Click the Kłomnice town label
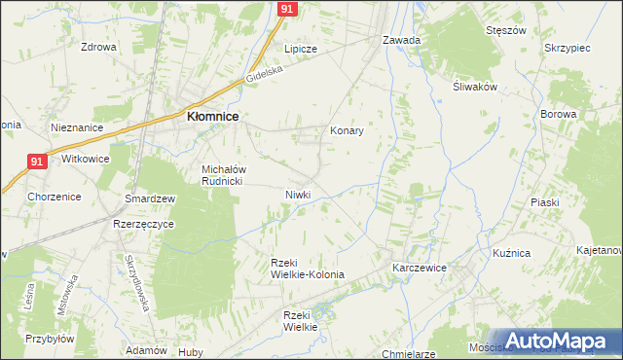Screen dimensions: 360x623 tap(213, 117)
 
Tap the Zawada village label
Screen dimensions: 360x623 tap(401, 41)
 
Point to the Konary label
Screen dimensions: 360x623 tap(347, 130)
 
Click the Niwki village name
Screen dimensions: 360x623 tap(298, 194)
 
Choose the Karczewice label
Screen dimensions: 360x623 tap(420, 266)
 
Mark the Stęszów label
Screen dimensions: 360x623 tap(506, 30)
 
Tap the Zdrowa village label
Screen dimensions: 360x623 tap(98, 47)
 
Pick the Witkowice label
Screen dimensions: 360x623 tap(86, 159)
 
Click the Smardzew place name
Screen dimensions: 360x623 tap(150, 198)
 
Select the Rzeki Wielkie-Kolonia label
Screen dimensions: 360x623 tap(308, 269)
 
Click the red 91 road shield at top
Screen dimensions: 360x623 tap(286, 8)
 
